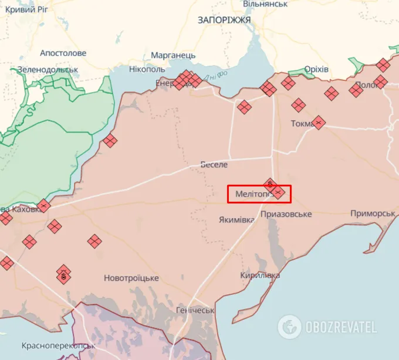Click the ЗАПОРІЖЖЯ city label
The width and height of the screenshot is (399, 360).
(224, 20)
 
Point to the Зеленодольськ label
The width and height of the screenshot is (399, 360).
(48, 70)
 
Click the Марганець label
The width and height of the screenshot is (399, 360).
(173, 55)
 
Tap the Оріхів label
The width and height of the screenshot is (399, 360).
(316, 70)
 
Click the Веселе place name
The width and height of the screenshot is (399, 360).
(214, 164)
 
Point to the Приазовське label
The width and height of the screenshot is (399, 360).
(286, 214)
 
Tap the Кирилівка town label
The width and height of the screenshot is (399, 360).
(259, 275)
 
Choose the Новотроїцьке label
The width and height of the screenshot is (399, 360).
(131, 278)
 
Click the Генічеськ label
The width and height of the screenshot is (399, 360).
(195, 310)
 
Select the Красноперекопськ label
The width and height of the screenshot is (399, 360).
(58, 346)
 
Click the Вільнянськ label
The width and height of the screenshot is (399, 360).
(265, 4)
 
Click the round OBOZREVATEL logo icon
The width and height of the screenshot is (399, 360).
(289, 327)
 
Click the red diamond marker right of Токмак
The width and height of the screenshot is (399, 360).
(319, 123)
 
